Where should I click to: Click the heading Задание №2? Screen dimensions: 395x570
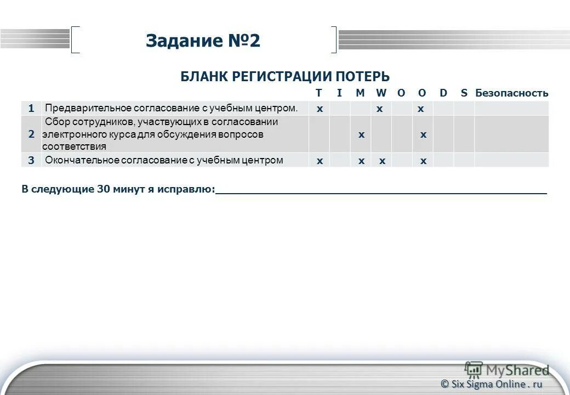[x=203, y=41]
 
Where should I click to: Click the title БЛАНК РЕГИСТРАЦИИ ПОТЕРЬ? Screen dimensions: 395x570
[x=285, y=77]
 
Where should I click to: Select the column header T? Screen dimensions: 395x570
[x=319, y=93]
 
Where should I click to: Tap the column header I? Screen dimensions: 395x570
[x=339, y=93]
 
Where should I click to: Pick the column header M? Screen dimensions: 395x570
[x=360, y=93]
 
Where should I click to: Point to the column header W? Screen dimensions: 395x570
[x=381, y=93]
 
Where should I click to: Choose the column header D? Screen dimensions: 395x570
[x=443, y=93]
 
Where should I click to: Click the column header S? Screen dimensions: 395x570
[x=464, y=93]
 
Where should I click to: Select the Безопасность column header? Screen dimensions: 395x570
[x=511, y=93]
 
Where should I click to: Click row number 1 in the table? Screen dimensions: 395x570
[x=31, y=108]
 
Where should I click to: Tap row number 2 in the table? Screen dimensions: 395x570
[x=31, y=134]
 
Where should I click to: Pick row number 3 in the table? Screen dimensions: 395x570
[x=31, y=160]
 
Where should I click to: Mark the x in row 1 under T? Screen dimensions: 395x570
[x=320, y=109]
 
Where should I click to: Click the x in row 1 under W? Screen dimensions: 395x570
[x=379, y=109]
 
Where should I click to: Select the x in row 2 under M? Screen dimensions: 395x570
[x=361, y=134]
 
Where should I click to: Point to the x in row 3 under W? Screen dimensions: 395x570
[x=382, y=161]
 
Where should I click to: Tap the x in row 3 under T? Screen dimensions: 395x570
[x=320, y=161]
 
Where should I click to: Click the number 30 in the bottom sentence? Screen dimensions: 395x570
[x=104, y=189]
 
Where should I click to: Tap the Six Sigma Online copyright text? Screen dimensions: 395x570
[x=491, y=384]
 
